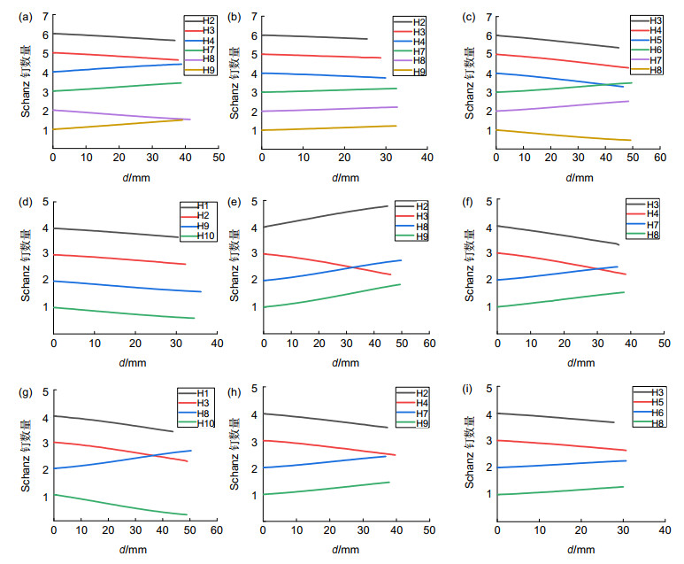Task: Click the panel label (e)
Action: click(235, 202)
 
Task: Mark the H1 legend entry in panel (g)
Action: click(200, 393)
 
